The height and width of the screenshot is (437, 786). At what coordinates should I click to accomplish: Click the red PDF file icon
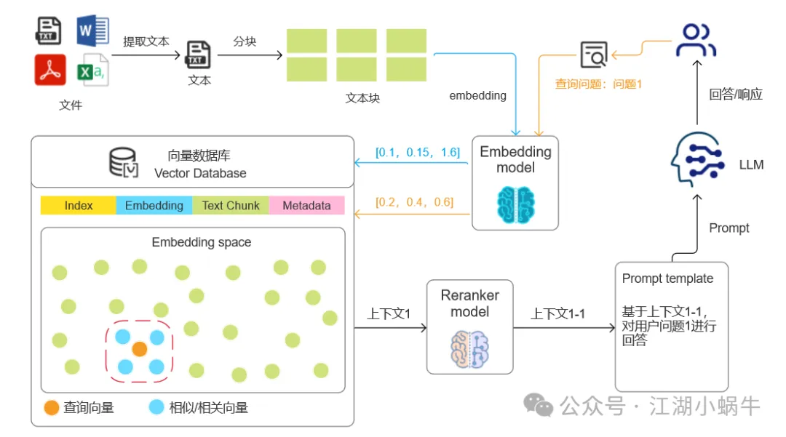[x=50, y=71]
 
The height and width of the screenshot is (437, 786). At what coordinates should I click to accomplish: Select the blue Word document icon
[x=93, y=31]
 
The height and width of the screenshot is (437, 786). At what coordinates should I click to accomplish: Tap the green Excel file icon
[x=92, y=71]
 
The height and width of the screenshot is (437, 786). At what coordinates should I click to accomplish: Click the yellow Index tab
[x=79, y=206]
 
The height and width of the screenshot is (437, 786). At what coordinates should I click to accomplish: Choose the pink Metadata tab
[x=306, y=206]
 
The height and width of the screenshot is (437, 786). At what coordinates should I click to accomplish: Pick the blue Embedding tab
[x=154, y=206]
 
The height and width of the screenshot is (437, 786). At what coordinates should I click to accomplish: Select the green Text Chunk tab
[x=231, y=206]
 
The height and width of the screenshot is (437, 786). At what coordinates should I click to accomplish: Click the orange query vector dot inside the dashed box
[x=140, y=349]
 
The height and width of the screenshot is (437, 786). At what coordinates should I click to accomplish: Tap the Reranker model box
[x=469, y=326]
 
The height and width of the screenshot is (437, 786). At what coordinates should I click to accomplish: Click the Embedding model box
[x=515, y=183]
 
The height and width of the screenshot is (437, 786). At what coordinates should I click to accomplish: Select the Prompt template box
[x=671, y=326]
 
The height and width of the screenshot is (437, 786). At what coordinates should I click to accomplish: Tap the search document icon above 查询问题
[x=593, y=54]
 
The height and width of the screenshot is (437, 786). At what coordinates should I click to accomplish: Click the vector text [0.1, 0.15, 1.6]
[x=418, y=153]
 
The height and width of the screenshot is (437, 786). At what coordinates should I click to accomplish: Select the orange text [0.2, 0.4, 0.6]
[x=414, y=202]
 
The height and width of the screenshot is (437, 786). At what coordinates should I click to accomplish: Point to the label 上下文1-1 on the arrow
[x=557, y=314]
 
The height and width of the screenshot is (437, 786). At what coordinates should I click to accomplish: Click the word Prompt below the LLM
[x=729, y=228]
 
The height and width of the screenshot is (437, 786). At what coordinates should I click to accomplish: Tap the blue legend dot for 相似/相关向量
[x=156, y=407]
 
